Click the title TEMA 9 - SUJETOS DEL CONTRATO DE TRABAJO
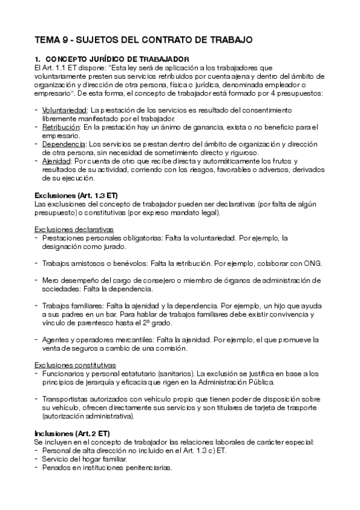click(x=143, y=40)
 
